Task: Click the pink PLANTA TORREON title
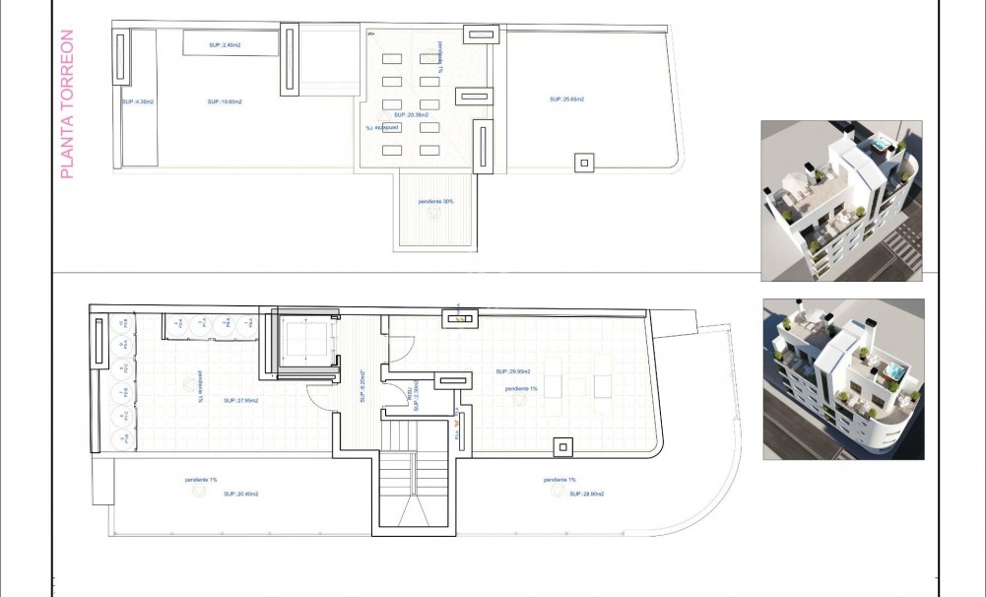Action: (67, 105)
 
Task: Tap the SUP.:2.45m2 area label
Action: (225, 44)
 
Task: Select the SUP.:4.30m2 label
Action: (136, 101)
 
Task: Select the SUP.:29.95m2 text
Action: (513, 371)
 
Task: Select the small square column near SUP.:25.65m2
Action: (584, 163)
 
